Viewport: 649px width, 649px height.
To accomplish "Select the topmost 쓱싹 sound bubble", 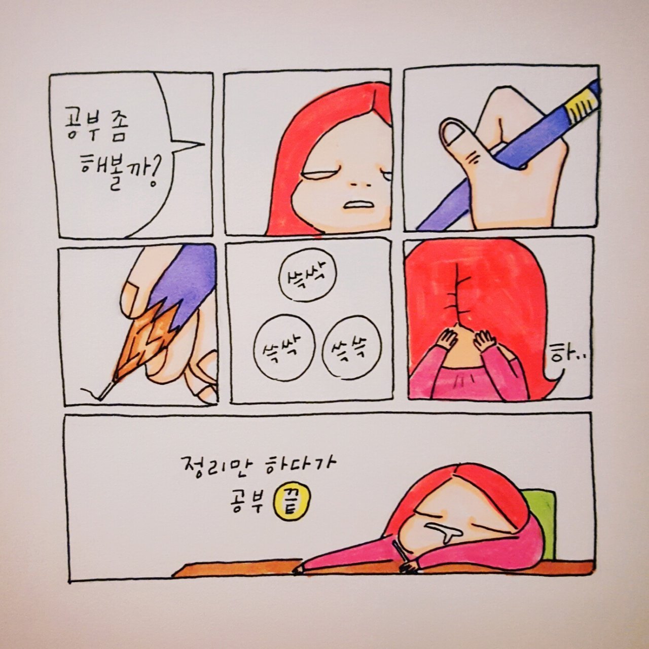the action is (308, 279).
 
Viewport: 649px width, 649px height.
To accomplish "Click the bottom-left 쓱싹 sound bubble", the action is (284, 348).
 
